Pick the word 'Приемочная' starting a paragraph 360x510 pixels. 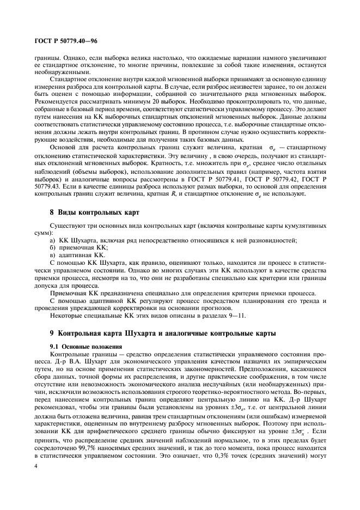(x=68, y=293)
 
